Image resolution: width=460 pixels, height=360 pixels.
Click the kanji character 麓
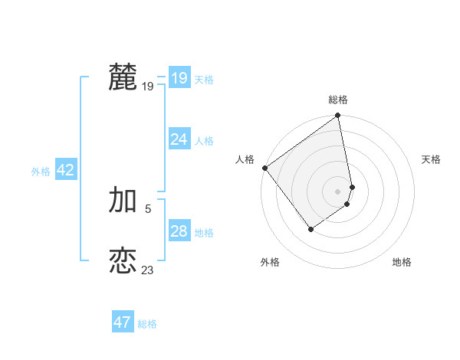pyautogui.click(x=123, y=77)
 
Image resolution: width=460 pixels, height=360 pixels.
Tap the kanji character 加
pyautogui.click(x=123, y=200)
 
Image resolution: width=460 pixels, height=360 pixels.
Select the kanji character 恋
pyautogui.click(x=123, y=261)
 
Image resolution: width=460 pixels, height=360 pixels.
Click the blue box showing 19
pyautogui.click(x=179, y=78)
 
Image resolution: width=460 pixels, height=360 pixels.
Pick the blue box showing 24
pyautogui.click(x=179, y=139)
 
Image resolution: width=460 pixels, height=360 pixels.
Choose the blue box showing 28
pyautogui.click(x=179, y=231)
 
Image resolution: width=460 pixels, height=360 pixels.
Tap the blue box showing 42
pyautogui.click(x=65, y=170)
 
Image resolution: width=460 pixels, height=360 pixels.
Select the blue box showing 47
pyautogui.click(x=122, y=322)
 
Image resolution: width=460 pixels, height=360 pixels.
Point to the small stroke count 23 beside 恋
pyautogui.click(x=147, y=270)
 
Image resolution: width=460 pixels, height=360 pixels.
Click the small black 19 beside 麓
pyautogui.click(x=147, y=87)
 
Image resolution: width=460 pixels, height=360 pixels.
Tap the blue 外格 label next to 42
pyautogui.click(x=41, y=172)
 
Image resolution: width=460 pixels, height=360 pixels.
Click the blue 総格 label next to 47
pyautogui.click(x=147, y=324)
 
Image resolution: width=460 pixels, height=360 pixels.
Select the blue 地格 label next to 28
pyautogui.click(x=204, y=233)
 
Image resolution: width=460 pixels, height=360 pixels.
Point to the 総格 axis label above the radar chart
pyautogui.click(x=338, y=100)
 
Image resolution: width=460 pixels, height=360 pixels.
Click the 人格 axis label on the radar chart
pyautogui.click(x=245, y=159)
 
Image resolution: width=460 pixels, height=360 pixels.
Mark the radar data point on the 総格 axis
pyautogui.click(x=338, y=116)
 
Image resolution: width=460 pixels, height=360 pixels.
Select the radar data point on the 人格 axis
pyautogui.click(x=265, y=168)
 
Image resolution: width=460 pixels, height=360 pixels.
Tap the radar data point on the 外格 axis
pyautogui.click(x=310, y=229)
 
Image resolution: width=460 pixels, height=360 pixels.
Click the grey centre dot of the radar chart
pyautogui.click(x=338, y=191)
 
